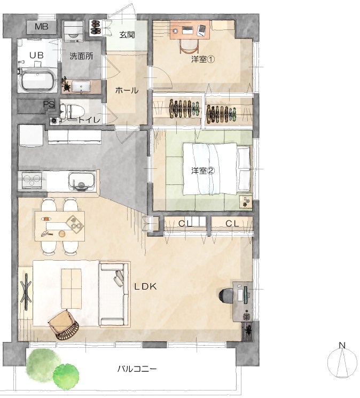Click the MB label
(x=42, y=26)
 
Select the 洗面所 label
(x=81, y=56)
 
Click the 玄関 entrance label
(x=127, y=35)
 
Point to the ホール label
(x=127, y=90)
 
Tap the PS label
(x=49, y=104)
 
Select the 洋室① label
(x=203, y=59)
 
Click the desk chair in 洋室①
(x=189, y=46)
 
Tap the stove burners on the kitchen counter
(x=32, y=181)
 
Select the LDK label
(x=145, y=286)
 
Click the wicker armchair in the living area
(x=65, y=325)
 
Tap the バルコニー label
(x=137, y=369)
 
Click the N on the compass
(x=342, y=345)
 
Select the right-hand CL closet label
(x=232, y=224)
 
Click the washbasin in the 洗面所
(x=81, y=87)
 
